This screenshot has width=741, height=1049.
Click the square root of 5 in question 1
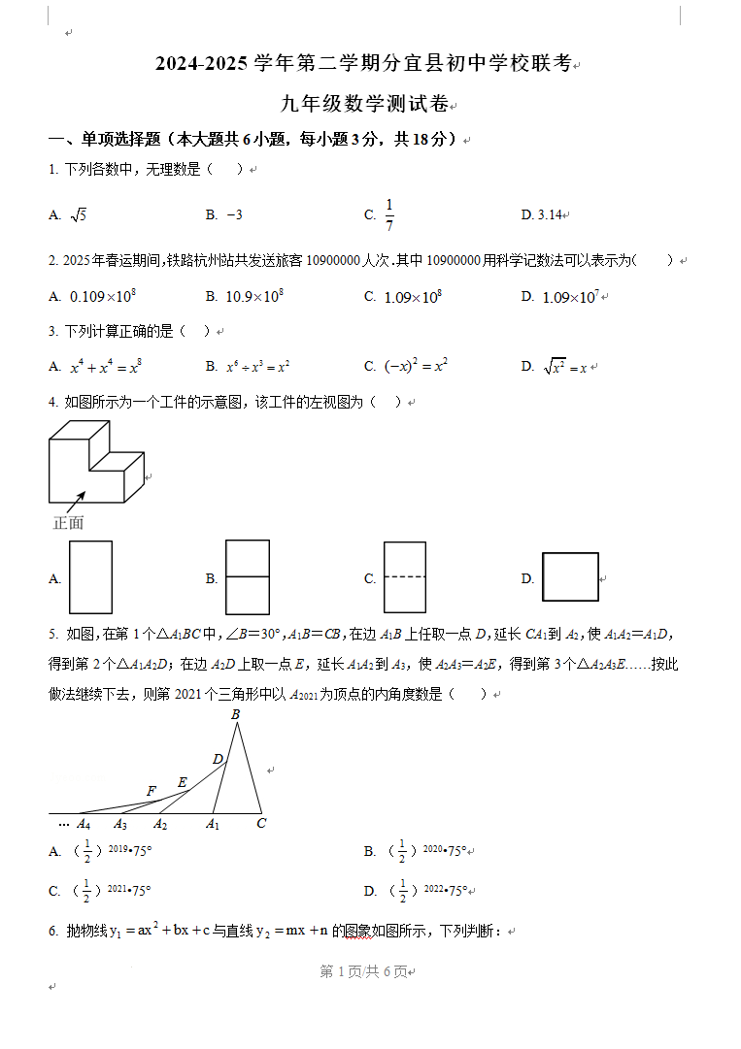click(79, 215)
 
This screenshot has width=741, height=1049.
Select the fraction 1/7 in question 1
click(389, 215)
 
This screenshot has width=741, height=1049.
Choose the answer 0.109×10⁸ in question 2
click(102, 296)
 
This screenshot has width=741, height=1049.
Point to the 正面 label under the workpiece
click(68, 522)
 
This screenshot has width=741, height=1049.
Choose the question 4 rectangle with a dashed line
click(405, 577)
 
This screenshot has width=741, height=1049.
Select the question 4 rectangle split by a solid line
click(248, 577)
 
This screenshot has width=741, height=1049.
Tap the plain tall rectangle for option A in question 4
click(90, 577)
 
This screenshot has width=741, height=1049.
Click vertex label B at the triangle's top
click(235, 715)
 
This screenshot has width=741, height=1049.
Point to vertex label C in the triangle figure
click(261, 824)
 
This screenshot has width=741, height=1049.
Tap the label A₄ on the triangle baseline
click(84, 825)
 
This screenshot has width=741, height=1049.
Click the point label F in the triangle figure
click(151, 792)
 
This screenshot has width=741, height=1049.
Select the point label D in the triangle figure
click(218, 759)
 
